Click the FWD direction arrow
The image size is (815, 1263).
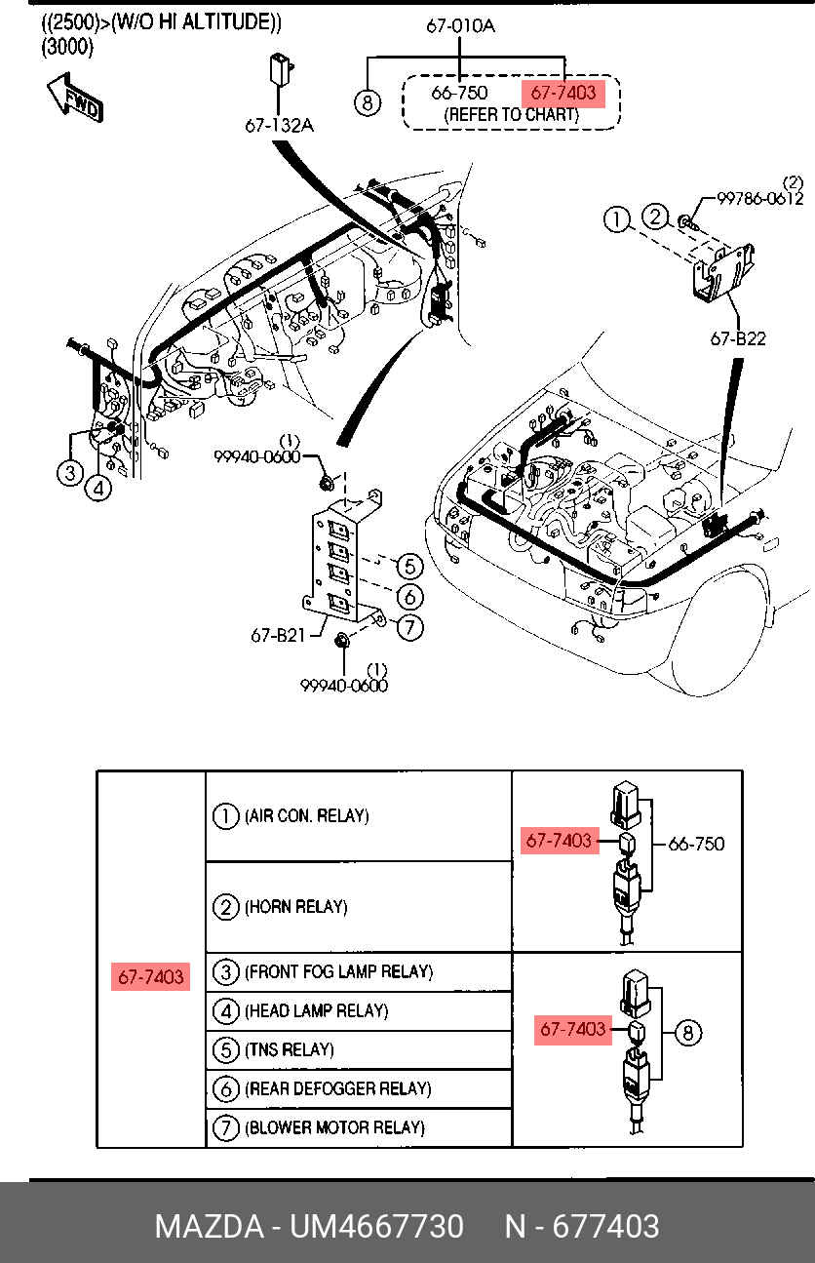pyautogui.click(x=74, y=99)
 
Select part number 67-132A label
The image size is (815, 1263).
pyautogui.click(x=279, y=126)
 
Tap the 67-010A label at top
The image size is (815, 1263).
pyautogui.click(x=460, y=26)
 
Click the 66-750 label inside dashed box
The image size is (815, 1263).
pyautogui.click(x=459, y=94)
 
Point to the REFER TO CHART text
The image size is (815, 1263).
pyautogui.click(x=511, y=114)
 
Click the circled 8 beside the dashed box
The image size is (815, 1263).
pyautogui.click(x=367, y=101)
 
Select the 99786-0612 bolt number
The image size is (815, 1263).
pyautogui.click(x=759, y=199)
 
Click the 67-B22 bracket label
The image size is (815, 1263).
pyautogui.click(x=737, y=338)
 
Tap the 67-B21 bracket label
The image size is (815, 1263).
pyautogui.click(x=278, y=635)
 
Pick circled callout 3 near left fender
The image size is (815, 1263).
pyautogui.click(x=69, y=474)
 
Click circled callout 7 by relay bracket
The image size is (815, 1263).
pyautogui.click(x=410, y=628)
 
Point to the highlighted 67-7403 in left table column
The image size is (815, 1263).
pyautogui.click(x=151, y=976)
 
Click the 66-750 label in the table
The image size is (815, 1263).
pyautogui.click(x=696, y=844)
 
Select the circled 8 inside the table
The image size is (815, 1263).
pyautogui.click(x=688, y=1032)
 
